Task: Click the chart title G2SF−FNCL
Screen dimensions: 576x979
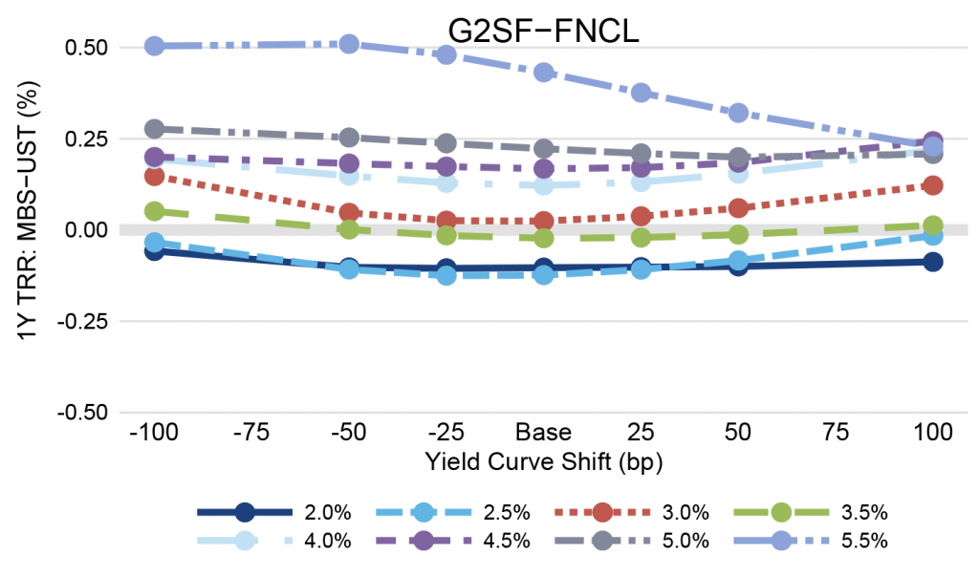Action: (543, 30)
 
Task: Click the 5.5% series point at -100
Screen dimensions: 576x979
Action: (155, 46)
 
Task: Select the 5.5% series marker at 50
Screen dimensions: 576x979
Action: (738, 113)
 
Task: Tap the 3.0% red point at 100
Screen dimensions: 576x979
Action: (933, 184)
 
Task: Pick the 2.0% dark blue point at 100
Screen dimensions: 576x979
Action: (933, 262)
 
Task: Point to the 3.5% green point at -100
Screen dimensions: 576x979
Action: (155, 211)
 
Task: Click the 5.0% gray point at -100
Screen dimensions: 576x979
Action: (155, 129)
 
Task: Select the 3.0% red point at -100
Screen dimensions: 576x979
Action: (155, 176)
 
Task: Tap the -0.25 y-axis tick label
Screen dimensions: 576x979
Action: (84, 321)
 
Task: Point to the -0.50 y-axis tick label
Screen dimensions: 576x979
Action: (84, 413)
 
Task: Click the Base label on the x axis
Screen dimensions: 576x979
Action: (543, 432)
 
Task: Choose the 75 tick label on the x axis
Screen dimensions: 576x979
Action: (836, 432)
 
